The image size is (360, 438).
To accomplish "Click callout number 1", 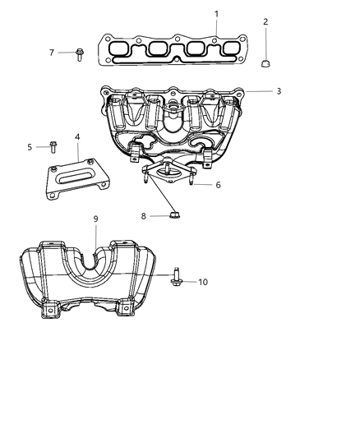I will tap(216, 14).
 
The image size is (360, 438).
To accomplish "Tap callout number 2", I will tap(265, 21).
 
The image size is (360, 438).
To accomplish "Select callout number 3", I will tap(279, 91).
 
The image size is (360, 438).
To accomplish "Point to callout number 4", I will tap(77, 137).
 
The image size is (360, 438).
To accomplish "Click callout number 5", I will tap(30, 147).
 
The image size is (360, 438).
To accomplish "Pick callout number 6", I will tap(218, 186).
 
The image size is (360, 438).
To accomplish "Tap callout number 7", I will tap(52, 53).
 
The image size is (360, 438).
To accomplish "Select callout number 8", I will tap(143, 216).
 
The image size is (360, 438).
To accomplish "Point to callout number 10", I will tap(203, 282).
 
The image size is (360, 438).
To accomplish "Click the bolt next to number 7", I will tap(80, 53).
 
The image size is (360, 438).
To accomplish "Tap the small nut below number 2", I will tap(265, 62).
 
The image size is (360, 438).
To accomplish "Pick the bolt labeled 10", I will tap(178, 280).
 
